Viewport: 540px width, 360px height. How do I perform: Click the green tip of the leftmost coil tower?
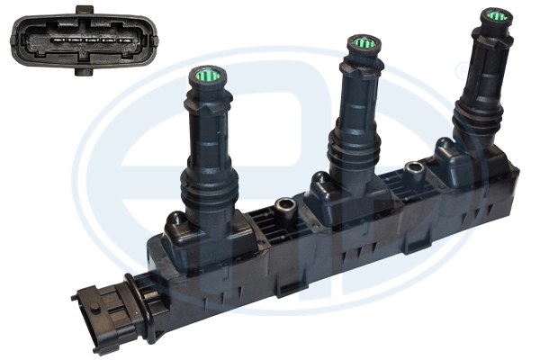click(x=206, y=76)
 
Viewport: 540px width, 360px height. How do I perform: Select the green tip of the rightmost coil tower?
click(x=494, y=16)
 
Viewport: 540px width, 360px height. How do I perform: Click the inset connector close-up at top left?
click(x=82, y=41)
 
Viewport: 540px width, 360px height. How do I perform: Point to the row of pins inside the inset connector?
click(x=82, y=40)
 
